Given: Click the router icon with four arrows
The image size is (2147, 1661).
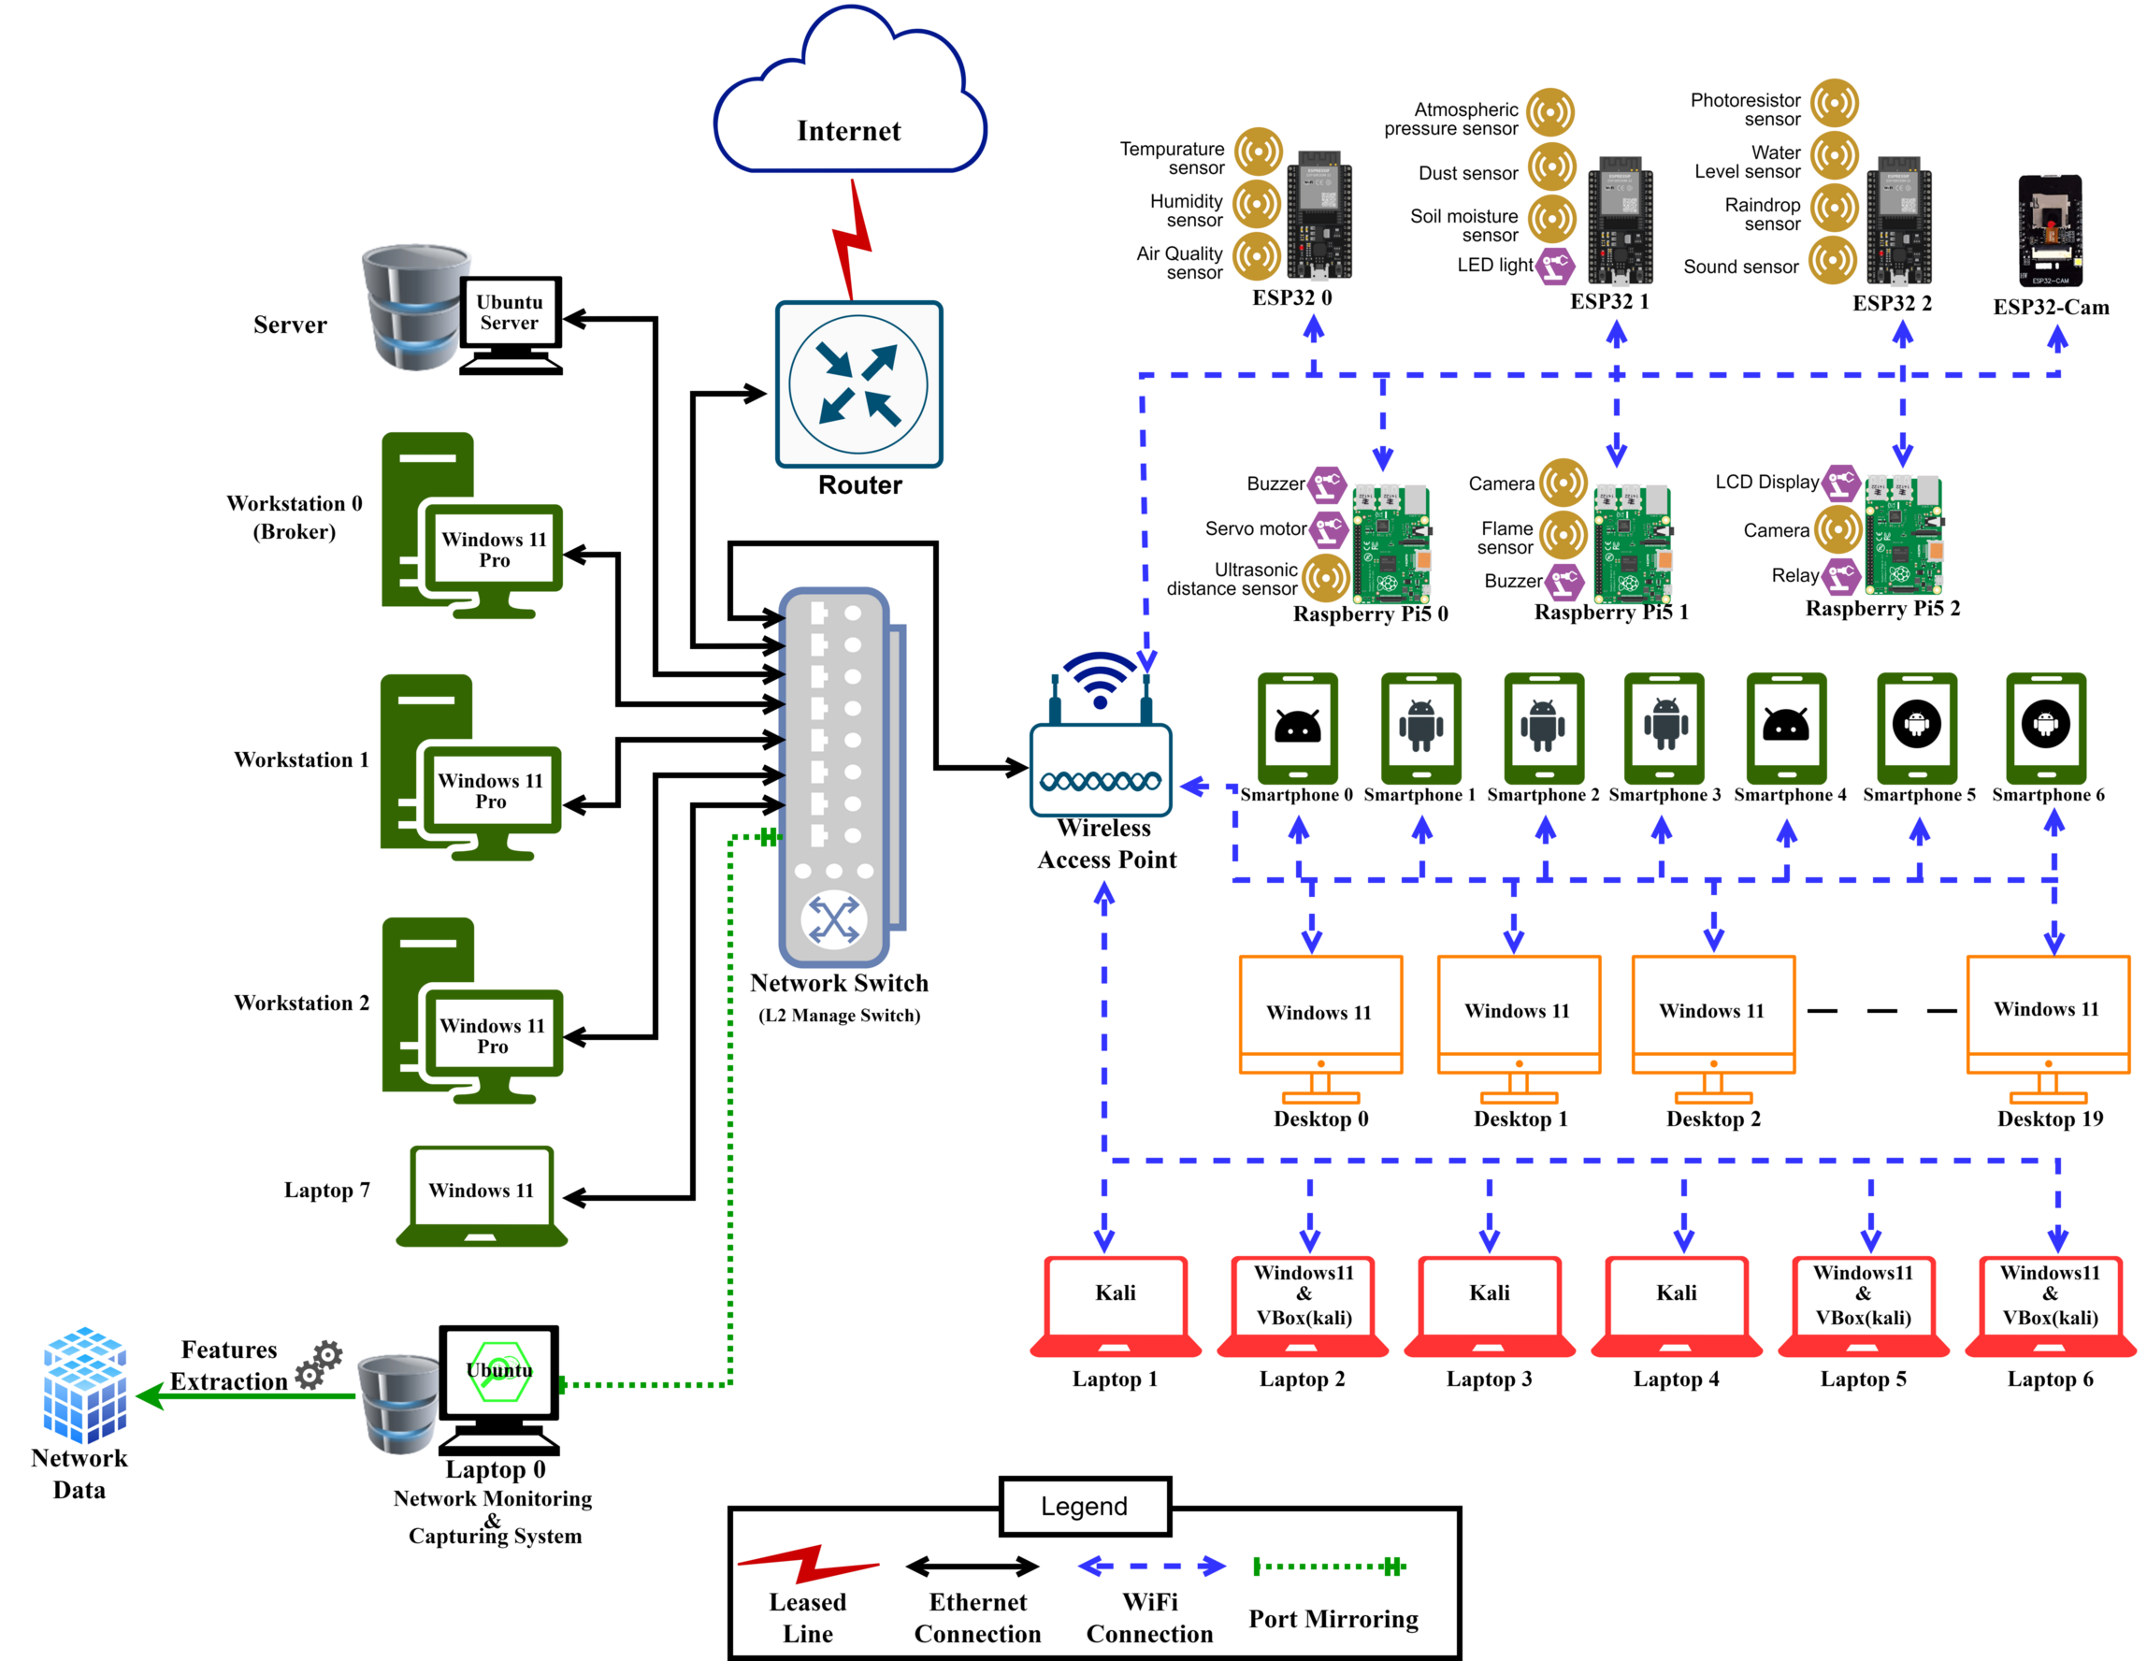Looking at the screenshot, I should (x=858, y=384).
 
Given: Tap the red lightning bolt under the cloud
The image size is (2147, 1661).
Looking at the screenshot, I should (x=851, y=241).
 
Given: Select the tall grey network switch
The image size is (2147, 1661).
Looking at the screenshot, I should (x=836, y=777).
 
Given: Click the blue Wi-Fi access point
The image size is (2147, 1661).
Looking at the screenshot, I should (x=1100, y=747).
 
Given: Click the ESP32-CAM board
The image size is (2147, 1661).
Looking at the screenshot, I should (x=2050, y=231).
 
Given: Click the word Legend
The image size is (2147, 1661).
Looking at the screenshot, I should (x=1085, y=1507).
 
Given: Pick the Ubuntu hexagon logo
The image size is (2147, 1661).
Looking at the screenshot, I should (x=500, y=1371).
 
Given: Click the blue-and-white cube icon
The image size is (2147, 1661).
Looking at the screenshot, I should (x=84, y=1386).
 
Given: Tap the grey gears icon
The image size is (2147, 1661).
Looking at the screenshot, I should (x=319, y=1365).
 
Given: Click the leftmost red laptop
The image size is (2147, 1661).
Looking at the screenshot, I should (x=1115, y=1306).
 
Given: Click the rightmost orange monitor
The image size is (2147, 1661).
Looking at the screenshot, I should (x=2048, y=1028).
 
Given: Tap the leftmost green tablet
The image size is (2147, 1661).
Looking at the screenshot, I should (x=1298, y=729).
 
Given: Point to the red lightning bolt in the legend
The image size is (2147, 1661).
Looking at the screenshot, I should (x=808, y=1564).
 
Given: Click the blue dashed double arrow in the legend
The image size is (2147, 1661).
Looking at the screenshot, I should (x=1151, y=1567).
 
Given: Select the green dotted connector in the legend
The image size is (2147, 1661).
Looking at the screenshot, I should (x=1329, y=1567).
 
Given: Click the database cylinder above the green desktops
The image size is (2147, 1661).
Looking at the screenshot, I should (x=416, y=307).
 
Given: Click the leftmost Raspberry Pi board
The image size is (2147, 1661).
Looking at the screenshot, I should (x=1391, y=543).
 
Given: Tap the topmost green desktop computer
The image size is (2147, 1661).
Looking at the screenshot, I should (x=472, y=527).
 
